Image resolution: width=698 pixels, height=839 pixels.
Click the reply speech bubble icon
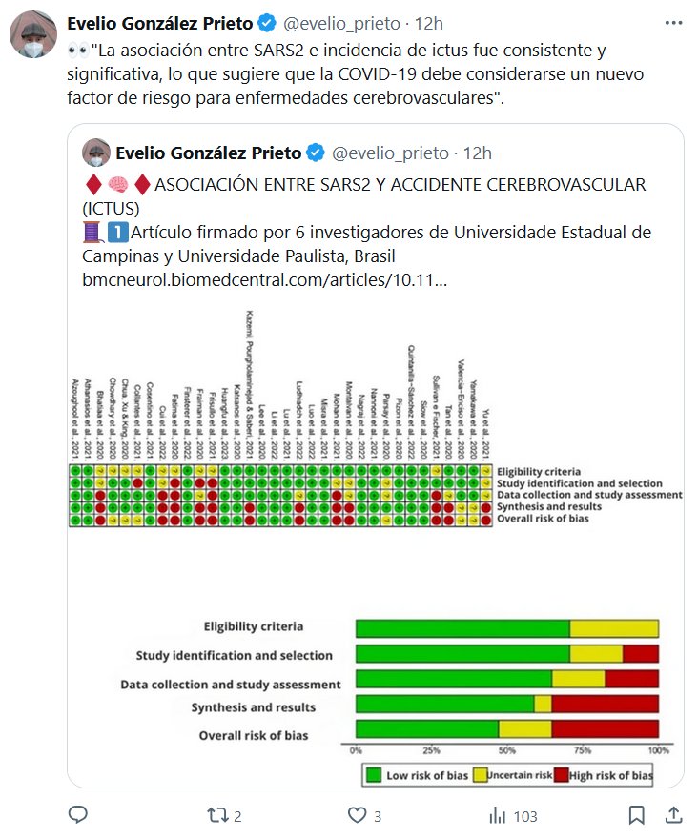78,815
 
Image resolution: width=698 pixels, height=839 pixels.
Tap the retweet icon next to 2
217,815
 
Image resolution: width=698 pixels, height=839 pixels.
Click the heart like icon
357,815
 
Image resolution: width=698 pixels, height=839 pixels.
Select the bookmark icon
637,815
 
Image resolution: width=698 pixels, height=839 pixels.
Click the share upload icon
673,815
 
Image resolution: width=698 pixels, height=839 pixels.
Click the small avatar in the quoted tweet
97,153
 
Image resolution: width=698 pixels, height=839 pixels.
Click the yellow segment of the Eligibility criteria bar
614,628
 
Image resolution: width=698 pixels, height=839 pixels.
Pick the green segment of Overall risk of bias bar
426,729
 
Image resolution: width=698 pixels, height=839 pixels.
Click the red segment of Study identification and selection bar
640,654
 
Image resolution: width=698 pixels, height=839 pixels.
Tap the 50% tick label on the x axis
506,749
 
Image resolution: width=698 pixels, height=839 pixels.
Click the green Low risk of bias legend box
375,775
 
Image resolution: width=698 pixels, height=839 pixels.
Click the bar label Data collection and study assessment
230,685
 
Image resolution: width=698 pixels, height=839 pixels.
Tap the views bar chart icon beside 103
496,815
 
